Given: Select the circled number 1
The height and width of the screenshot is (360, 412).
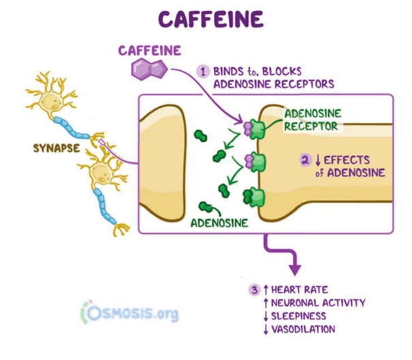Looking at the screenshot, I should (202, 70).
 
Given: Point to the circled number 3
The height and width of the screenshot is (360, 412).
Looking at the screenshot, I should (253, 290).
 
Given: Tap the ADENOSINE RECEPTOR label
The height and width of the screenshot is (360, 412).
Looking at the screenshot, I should (311, 119).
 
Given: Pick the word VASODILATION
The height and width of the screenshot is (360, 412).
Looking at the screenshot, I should (304, 329).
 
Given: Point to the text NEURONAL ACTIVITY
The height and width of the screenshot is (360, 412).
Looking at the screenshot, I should (318, 303).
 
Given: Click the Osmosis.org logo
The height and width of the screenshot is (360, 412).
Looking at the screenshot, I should (129, 312).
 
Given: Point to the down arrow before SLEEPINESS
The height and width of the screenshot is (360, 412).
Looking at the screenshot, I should (266, 316).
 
